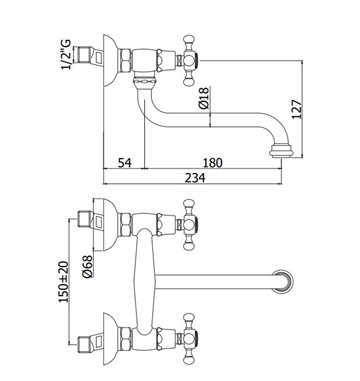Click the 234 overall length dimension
196,177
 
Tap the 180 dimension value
212,163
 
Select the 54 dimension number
125,163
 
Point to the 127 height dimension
296,109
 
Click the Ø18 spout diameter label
203,97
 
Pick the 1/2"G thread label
66,54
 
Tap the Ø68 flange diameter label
87,266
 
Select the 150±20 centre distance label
64,282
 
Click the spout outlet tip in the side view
281,151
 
